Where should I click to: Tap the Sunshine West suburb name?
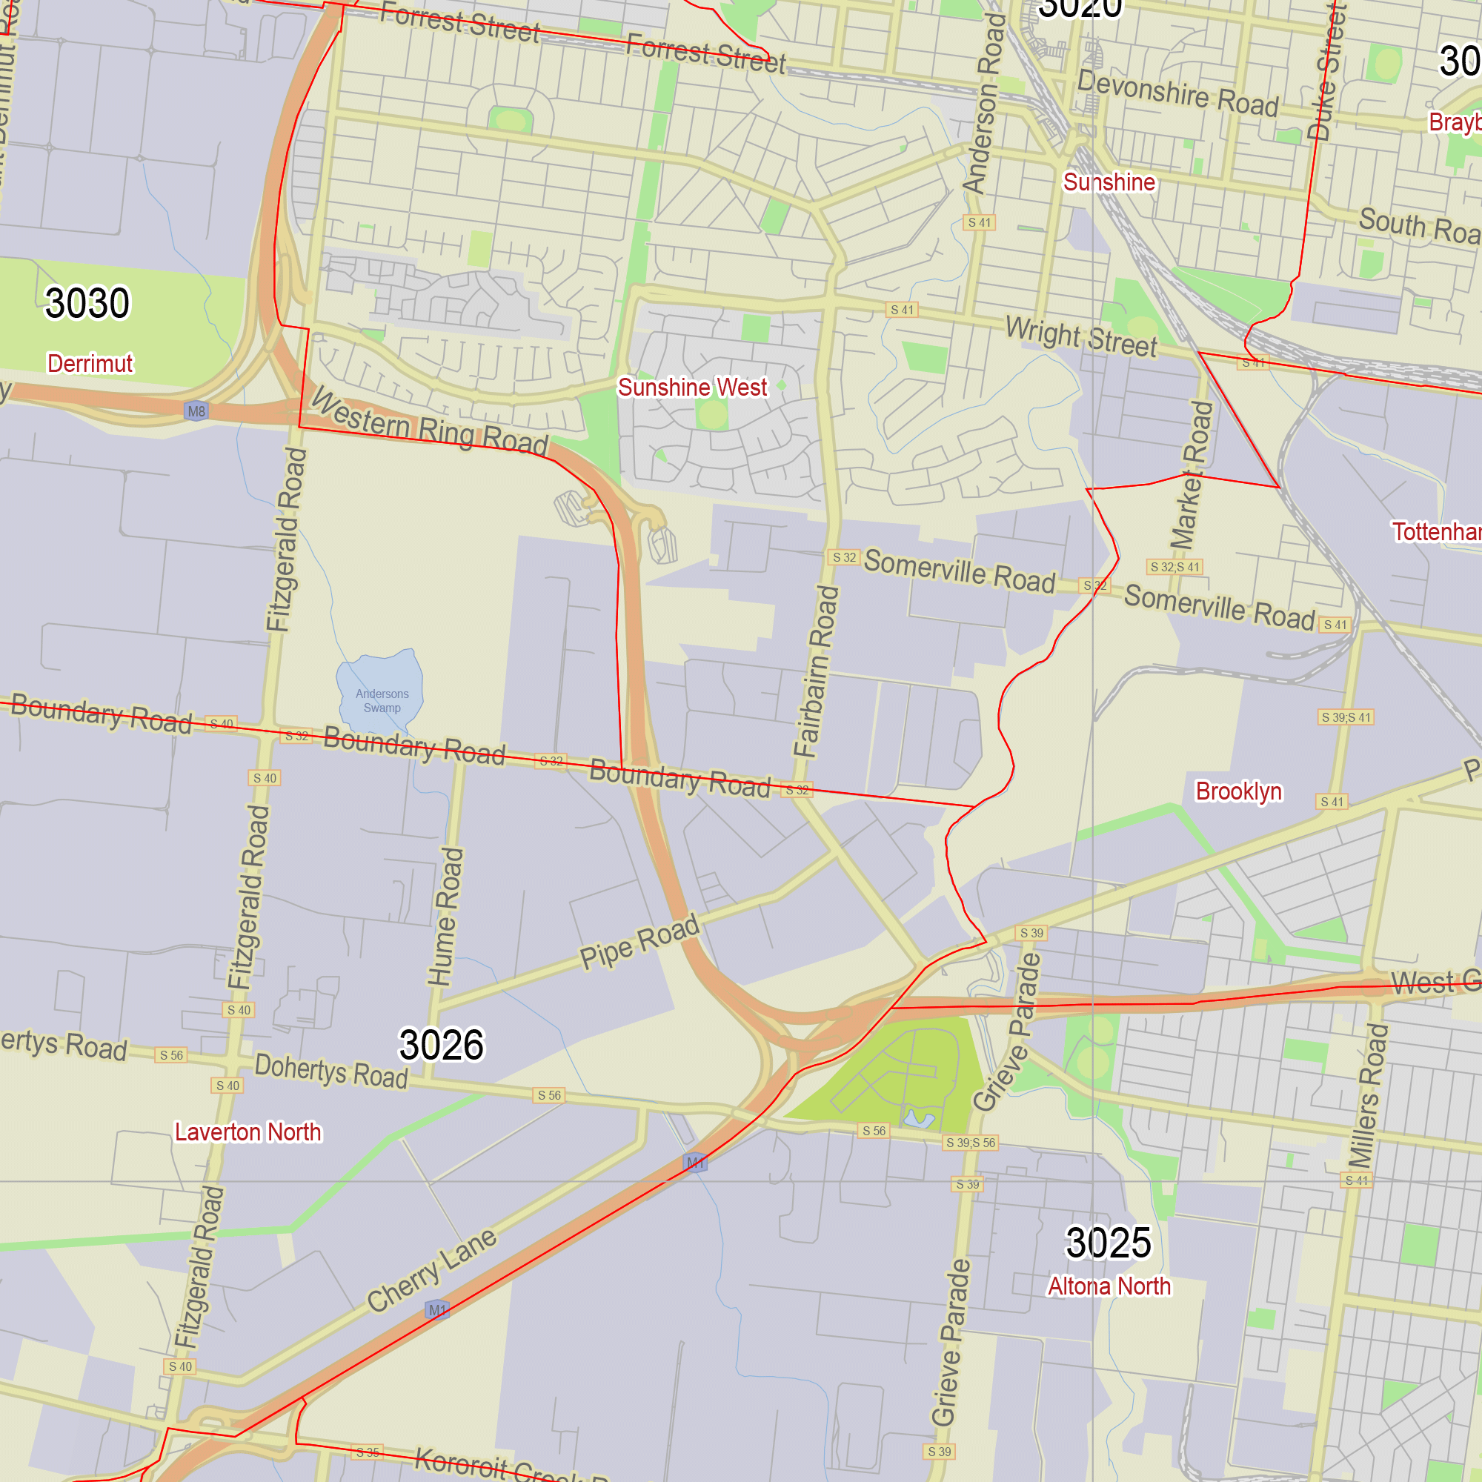pos(692,388)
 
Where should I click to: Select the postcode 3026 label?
pos(441,1045)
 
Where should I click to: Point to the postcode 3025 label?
pos(1108,1243)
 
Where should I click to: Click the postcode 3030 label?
pos(87,303)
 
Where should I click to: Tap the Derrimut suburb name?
pos(90,363)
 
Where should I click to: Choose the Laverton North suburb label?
pos(247,1132)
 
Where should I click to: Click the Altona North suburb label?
pos(1109,1286)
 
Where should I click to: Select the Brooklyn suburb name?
pos(1238,791)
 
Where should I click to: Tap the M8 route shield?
pos(196,411)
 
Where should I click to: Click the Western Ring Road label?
pos(430,422)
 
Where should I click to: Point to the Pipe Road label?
pos(639,941)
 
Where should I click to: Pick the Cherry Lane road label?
pos(432,1271)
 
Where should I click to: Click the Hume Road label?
pos(445,917)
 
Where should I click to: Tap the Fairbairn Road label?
pos(816,672)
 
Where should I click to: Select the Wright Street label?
pos(1081,336)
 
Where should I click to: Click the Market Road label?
pos(1192,476)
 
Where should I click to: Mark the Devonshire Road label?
pos(1177,93)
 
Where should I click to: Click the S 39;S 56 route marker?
pos(971,1143)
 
